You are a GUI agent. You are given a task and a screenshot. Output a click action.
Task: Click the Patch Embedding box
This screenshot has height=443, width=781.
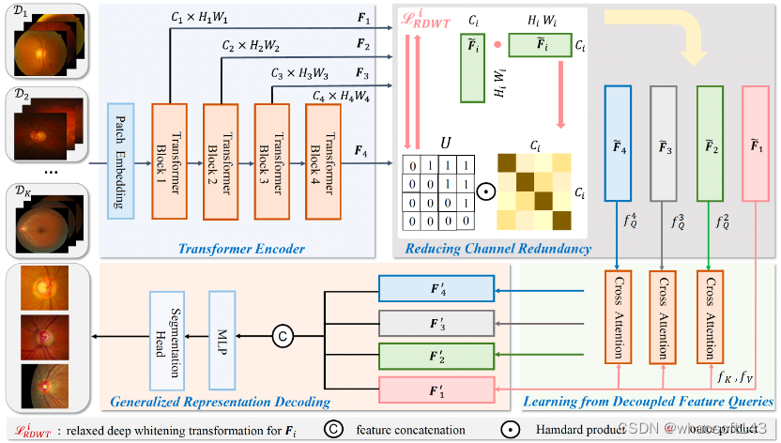[x=122, y=161]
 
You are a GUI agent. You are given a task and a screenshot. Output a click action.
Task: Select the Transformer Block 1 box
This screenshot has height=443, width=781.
[x=171, y=160]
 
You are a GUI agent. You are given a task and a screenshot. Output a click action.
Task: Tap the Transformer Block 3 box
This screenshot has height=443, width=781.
[x=273, y=160]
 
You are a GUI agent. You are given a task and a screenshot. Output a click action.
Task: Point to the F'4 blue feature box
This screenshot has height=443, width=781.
[x=435, y=289]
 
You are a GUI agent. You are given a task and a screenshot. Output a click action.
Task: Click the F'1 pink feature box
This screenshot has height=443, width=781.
[x=435, y=389]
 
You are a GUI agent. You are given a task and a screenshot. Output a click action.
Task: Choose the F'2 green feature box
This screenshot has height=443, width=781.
[x=435, y=356]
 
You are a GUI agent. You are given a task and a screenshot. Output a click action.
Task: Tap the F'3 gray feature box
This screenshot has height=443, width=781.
[x=435, y=322]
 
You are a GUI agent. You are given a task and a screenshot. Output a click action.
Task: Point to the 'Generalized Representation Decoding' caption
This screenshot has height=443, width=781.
[x=220, y=402]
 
